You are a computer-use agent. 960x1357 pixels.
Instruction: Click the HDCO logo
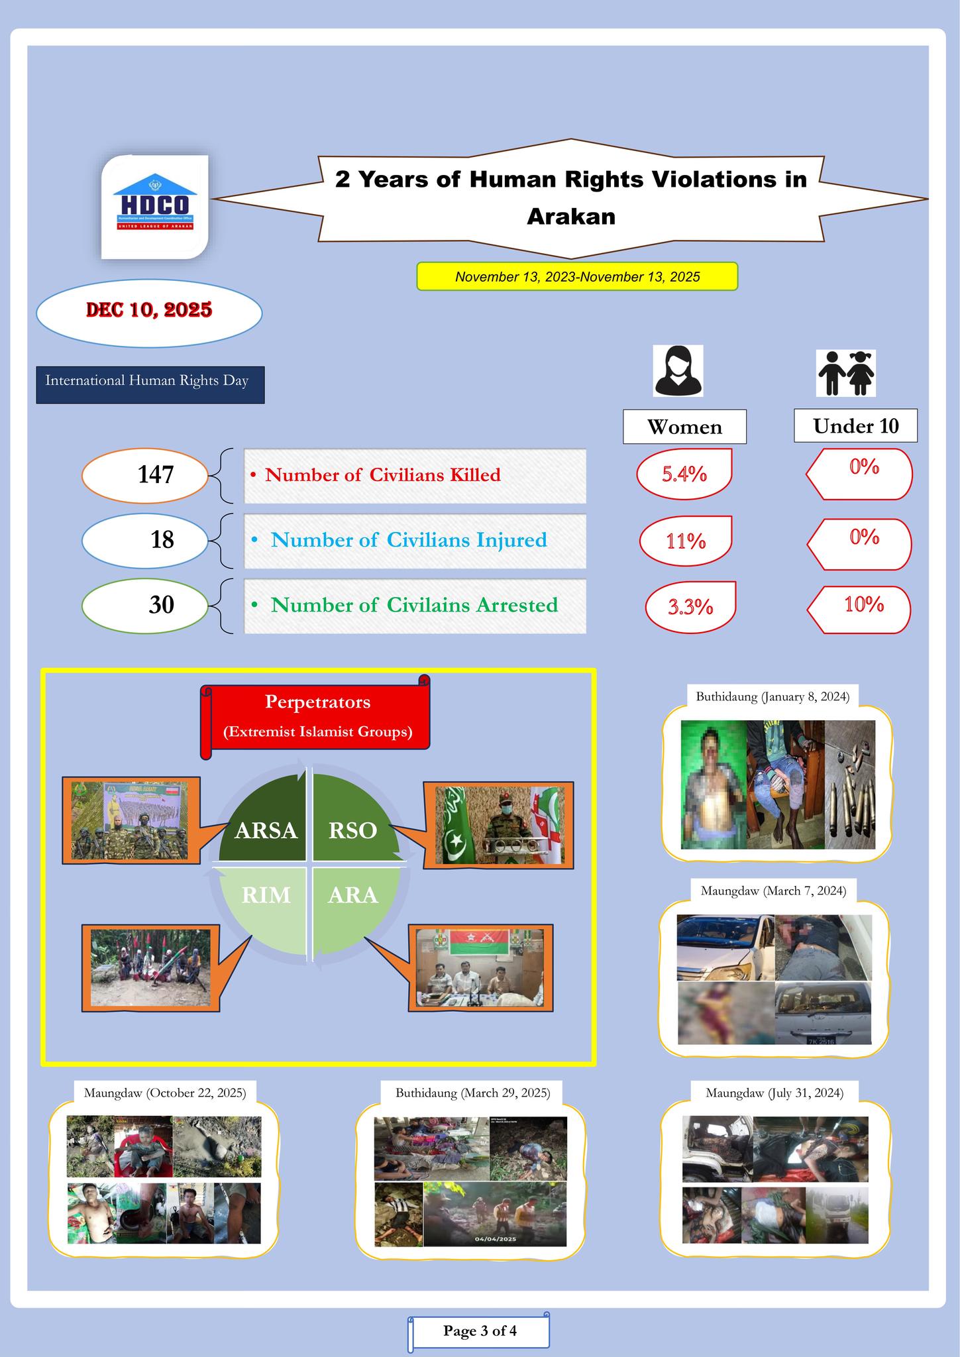tap(154, 205)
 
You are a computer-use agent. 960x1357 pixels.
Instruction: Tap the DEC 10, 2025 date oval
tap(149, 311)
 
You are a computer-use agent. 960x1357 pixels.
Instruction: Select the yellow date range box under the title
tap(576, 276)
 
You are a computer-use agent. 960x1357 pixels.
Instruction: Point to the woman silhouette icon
tap(678, 371)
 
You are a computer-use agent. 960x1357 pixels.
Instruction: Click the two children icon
tap(847, 373)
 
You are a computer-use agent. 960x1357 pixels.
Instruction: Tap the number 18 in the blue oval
tap(162, 540)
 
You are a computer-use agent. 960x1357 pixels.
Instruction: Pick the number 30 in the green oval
tap(161, 604)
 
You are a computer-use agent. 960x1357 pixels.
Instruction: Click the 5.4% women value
tap(684, 474)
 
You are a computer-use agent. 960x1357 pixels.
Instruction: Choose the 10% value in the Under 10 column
tap(863, 604)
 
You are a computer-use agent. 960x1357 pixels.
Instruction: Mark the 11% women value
tap(686, 541)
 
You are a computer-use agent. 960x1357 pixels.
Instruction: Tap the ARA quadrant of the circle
tap(353, 896)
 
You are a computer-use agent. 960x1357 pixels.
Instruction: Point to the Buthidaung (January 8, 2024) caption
tap(773, 696)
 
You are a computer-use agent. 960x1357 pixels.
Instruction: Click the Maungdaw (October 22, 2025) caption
tap(165, 1093)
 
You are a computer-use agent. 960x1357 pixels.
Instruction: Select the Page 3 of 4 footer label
tap(480, 1330)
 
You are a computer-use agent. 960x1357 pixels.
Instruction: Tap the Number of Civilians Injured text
tap(409, 540)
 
